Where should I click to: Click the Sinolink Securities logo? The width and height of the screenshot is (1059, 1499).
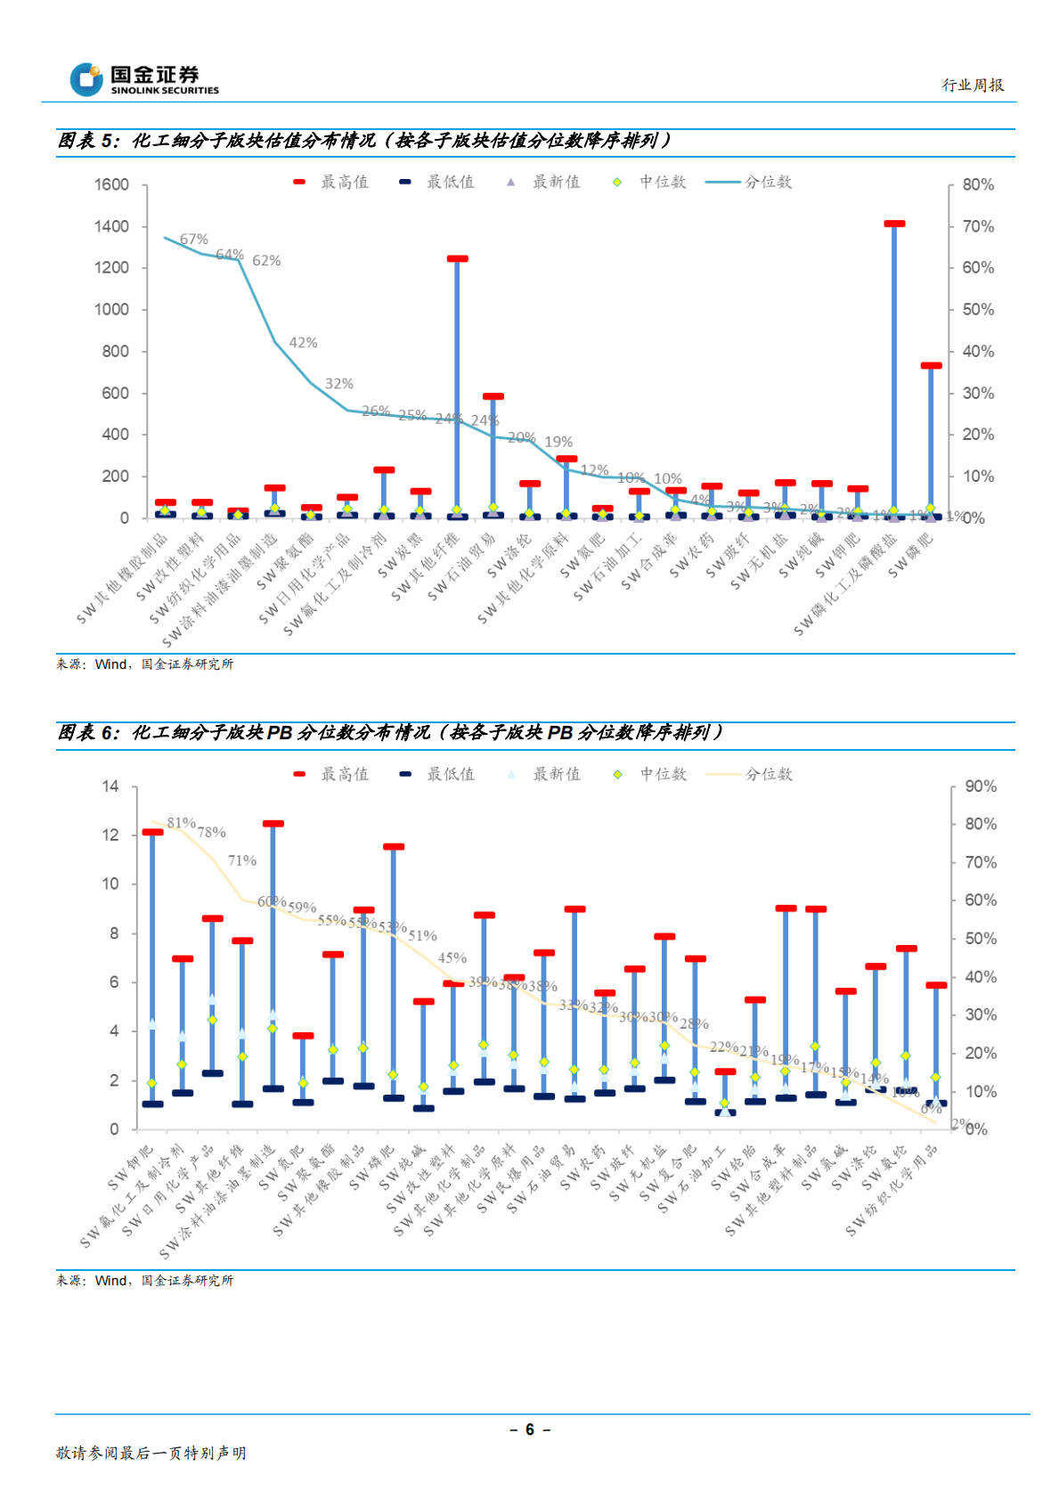pyautogui.click(x=144, y=79)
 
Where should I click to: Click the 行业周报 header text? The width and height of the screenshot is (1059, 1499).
pyautogui.click(x=973, y=86)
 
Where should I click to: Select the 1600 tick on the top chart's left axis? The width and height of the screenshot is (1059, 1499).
pyautogui.click(x=111, y=184)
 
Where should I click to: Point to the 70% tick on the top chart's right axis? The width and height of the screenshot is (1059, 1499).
pyautogui.click(x=978, y=226)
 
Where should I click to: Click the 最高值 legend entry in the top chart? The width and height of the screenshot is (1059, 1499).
pyautogui.click(x=331, y=182)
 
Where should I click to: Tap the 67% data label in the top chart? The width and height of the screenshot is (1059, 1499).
pyautogui.click(x=193, y=240)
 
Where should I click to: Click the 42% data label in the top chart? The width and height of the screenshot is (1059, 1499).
pyautogui.click(x=303, y=343)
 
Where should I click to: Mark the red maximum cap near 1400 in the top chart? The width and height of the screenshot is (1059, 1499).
pyautogui.click(x=894, y=224)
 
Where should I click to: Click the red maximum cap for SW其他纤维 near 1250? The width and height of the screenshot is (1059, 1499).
pyautogui.click(x=457, y=259)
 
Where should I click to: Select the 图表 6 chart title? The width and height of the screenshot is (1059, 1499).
pyautogui.click(x=390, y=732)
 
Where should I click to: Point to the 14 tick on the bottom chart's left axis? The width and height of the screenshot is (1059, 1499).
pyautogui.click(x=110, y=786)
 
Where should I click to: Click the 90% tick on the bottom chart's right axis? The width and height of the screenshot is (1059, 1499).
pyautogui.click(x=981, y=786)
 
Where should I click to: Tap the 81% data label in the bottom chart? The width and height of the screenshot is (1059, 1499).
pyautogui.click(x=181, y=823)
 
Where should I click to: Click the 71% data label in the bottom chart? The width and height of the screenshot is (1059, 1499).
pyautogui.click(x=241, y=860)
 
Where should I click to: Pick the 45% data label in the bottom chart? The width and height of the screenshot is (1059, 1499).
pyautogui.click(x=452, y=958)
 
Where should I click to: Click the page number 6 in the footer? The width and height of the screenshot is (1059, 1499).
pyautogui.click(x=529, y=1430)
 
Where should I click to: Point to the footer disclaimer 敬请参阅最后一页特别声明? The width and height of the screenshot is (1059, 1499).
pyautogui.click(x=151, y=1453)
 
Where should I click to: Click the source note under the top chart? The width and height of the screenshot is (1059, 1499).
pyautogui.click(x=144, y=664)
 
